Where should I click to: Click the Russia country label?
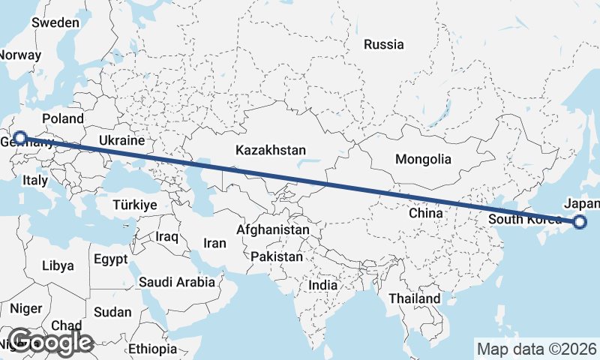[383, 44]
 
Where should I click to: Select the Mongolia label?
[424, 159]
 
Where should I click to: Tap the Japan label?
[582, 204]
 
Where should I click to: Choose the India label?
[323, 285]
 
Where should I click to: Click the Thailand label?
[415, 298]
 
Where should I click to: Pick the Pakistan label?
[277, 256]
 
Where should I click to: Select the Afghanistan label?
[273, 229]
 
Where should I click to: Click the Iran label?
[214, 243]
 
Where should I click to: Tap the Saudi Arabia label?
[177, 282]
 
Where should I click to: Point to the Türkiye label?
[134, 205]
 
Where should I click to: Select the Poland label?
[63, 118]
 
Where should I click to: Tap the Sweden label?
[55, 22]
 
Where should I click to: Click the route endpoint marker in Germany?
[20, 138]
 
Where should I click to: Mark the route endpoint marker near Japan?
[579, 221]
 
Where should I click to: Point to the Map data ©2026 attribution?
[537, 349]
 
